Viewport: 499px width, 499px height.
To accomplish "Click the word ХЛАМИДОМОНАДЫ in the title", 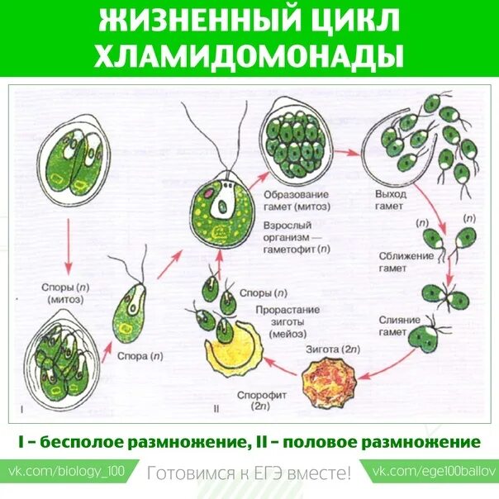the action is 249,55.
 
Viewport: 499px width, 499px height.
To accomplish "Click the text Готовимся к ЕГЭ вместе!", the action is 249,473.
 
